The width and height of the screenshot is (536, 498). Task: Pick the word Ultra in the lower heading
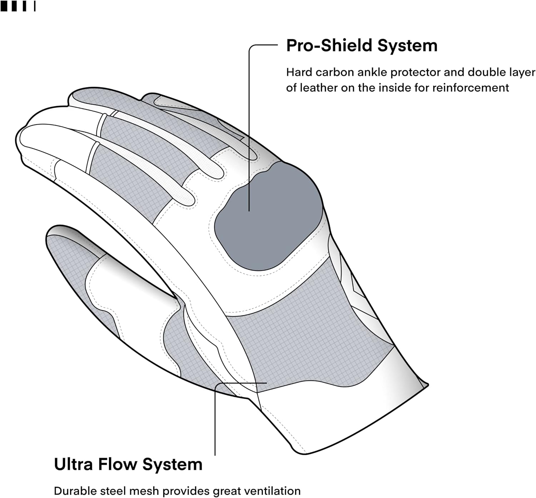click(73, 464)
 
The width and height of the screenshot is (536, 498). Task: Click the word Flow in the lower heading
click(118, 464)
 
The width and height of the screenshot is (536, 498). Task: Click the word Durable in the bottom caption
click(76, 491)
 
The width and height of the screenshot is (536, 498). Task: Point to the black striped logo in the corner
click(18, 6)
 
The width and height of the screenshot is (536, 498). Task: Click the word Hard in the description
click(299, 72)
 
